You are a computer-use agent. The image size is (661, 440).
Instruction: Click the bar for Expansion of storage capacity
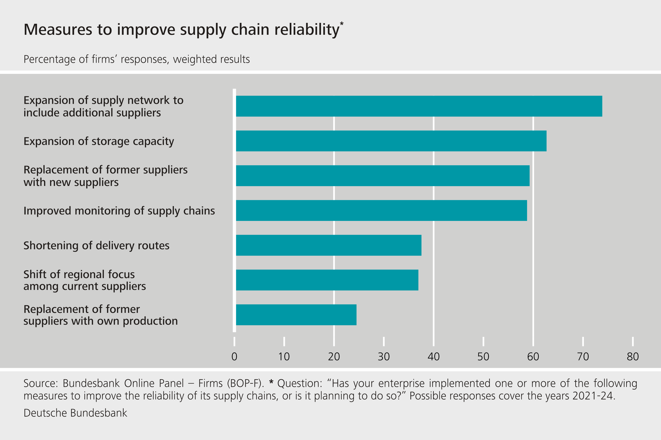click(x=391, y=141)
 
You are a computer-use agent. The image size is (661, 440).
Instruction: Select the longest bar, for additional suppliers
click(x=419, y=106)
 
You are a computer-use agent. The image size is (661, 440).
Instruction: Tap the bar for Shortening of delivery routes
click(x=329, y=245)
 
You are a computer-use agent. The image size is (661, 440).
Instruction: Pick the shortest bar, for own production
click(x=296, y=315)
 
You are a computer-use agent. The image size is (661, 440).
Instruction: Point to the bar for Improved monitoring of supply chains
click(x=381, y=211)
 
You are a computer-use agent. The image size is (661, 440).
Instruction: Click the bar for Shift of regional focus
click(x=327, y=280)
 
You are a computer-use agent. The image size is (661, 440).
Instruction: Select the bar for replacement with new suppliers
click(x=382, y=176)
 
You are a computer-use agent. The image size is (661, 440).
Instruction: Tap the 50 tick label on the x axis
click(x=483, y=357)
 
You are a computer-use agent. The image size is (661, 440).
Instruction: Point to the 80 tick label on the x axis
click(x=633, y=357)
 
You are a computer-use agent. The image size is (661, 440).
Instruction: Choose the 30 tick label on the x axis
click(x=384, y=357)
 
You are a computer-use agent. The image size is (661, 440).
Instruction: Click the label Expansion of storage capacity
click(x=99, y=141)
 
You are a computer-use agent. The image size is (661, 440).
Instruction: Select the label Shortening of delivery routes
click(x=97, y=246)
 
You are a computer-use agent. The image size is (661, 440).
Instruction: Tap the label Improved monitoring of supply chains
click(x=119, y=211)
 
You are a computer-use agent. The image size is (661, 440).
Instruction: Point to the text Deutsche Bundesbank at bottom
click(x=75, y=413)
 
